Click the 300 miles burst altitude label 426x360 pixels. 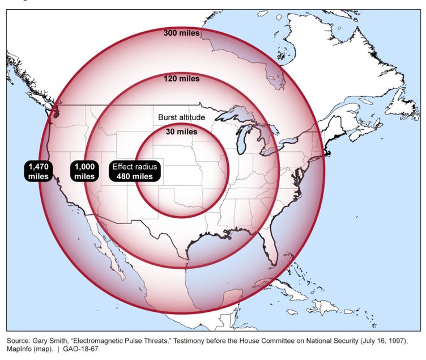coord(181,33)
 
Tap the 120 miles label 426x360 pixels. coord(181,79)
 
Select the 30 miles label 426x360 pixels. coord(181,132)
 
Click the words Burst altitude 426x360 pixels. coord(181,117)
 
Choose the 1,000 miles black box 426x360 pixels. coord(84,171)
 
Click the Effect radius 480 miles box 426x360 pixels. coord(135,171)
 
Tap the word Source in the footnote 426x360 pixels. coord(18,340)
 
